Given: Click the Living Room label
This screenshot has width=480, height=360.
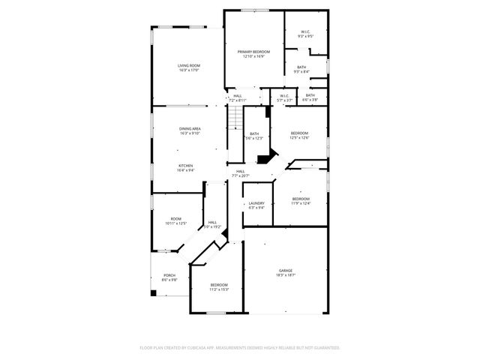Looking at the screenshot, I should coord(188,67).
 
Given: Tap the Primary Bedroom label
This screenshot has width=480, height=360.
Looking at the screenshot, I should coord(253,52).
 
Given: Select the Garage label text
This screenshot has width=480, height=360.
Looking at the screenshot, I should coord(286,271).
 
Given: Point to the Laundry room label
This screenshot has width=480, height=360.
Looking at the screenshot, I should coord(256,203).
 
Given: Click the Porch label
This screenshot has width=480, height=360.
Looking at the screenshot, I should coord(169,275).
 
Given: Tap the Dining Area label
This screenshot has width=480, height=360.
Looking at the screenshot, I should coord(189,129).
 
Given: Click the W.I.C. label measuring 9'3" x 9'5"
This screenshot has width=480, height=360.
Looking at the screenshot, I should coord(305,32).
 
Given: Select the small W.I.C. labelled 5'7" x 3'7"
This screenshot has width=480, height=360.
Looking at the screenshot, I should coord(284,96).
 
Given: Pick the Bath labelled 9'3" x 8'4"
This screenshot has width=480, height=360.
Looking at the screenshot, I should coord(301,67).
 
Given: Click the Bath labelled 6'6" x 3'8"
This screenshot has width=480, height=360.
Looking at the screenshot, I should coord(310,96).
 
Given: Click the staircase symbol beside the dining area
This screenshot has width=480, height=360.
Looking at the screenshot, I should coord(235,118).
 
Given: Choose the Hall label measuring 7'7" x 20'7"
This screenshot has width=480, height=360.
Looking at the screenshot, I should coord(240,172).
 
